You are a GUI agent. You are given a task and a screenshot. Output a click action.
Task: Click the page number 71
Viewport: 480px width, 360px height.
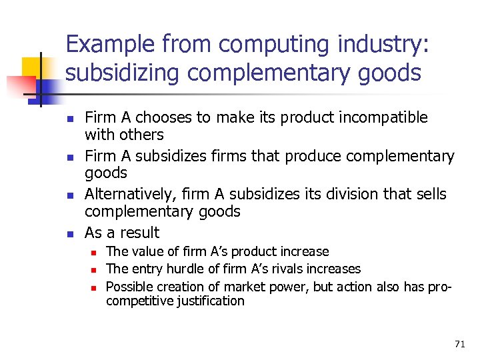(x=459, y=344)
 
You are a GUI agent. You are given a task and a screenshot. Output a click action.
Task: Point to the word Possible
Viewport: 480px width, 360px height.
(x=127, y=286)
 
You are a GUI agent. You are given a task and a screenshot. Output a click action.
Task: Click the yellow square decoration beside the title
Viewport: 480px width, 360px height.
(x=33, y=67)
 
